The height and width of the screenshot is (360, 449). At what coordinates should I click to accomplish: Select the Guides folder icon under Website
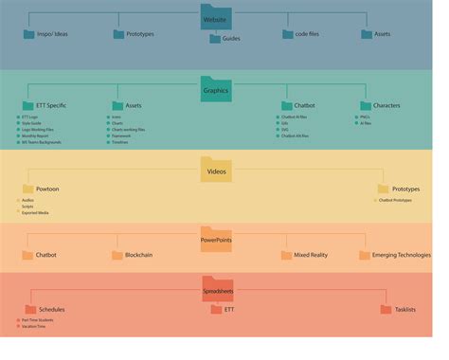pyautogui.click(x=215, y=39)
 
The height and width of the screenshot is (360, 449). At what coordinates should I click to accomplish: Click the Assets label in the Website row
pyautogui.click(x=383, y=35)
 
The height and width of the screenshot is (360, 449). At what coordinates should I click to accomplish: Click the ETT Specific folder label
pyautogui.click(x=51, y=105)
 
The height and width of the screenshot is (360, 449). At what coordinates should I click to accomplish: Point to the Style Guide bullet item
pyautogui.click(x=33, y=123)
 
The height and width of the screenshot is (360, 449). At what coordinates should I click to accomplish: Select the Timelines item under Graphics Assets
pyautogui.click(x=122, y=142)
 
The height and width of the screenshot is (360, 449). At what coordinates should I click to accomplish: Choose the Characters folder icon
pyautogui.click(x=365, y=105)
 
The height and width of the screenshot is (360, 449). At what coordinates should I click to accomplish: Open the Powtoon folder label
pyautogui.click(x=47, y=189)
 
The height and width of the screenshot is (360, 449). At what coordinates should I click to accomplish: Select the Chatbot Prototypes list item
pyautogui.click(x=395, y=200)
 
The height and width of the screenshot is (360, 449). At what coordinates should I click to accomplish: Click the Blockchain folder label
pyautogui.click(x=138, y=255)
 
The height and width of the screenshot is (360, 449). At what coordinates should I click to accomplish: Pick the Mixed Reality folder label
pyautogui.click(x=312, y=255)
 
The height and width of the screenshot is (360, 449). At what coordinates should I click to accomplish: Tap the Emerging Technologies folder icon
pyautogui.click(x=364, y=255)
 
